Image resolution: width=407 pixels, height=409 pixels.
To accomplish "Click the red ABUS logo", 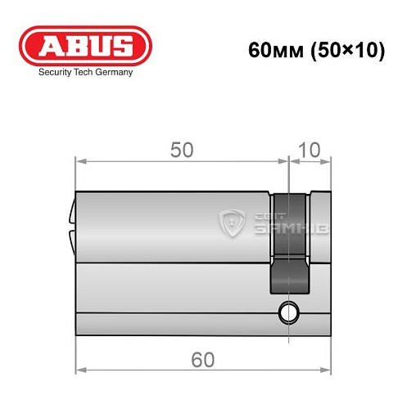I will click(85, 46).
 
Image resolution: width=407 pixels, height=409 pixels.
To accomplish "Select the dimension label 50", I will click(182, 151).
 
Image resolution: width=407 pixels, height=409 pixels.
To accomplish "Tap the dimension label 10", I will click(310, 151).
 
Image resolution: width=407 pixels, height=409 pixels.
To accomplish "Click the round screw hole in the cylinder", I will click(288, 312).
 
